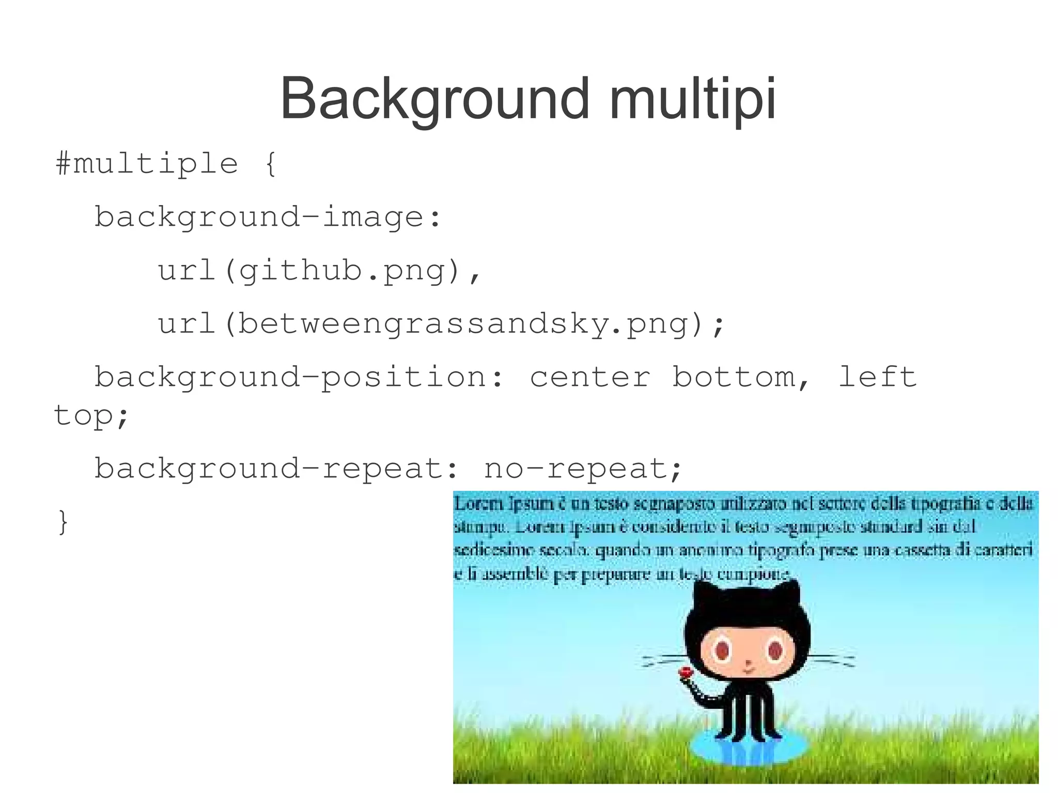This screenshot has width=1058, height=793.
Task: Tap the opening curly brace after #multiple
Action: click(271, 164)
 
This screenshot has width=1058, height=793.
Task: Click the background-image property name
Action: click(268, 217)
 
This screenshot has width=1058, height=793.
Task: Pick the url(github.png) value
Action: click(319, 271)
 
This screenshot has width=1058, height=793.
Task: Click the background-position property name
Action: click(299, 377)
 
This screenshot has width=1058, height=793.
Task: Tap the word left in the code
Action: click(877, 377)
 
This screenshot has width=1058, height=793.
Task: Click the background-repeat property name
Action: click(276, 469)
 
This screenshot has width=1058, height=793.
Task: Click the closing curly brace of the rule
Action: click(63, 522)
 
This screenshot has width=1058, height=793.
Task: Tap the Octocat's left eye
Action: click(722, 650)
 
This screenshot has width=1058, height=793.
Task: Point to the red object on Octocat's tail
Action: click(686, 673)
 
